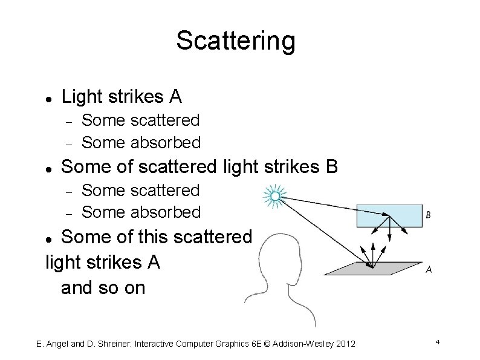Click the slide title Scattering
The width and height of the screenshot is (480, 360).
pos(236,41)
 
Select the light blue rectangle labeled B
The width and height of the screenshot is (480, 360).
pos(389,216)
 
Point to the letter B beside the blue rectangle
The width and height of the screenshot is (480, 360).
pos(428,215)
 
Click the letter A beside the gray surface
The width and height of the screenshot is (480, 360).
pos(428,270)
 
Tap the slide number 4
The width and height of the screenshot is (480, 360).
pos(436,343)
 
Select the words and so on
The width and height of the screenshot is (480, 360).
pos(103,287)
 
